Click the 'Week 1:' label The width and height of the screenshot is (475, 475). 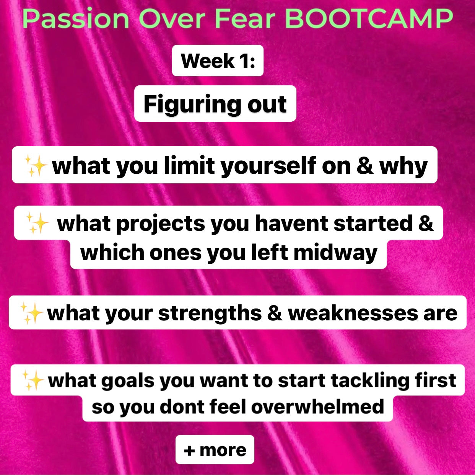pyautogui.click(x=218, y=61)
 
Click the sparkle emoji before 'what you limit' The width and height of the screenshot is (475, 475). pyautogui.click(x=36, y=166)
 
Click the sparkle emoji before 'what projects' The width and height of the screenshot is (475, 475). pyautogui.click(x=37, y=223)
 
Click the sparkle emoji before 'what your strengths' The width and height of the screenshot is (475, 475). pyautogui.click(x=32, y=313)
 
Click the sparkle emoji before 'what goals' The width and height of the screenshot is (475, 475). pyautogui.click(x=33, y=380)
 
